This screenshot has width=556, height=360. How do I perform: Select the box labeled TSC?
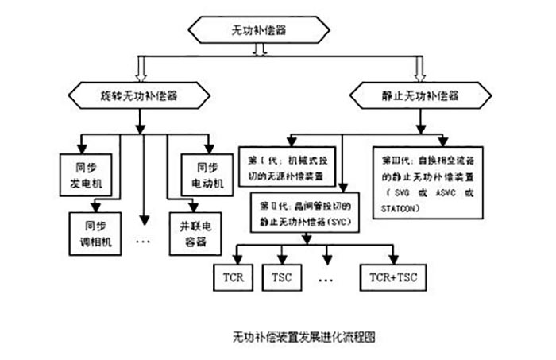point(284,277)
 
